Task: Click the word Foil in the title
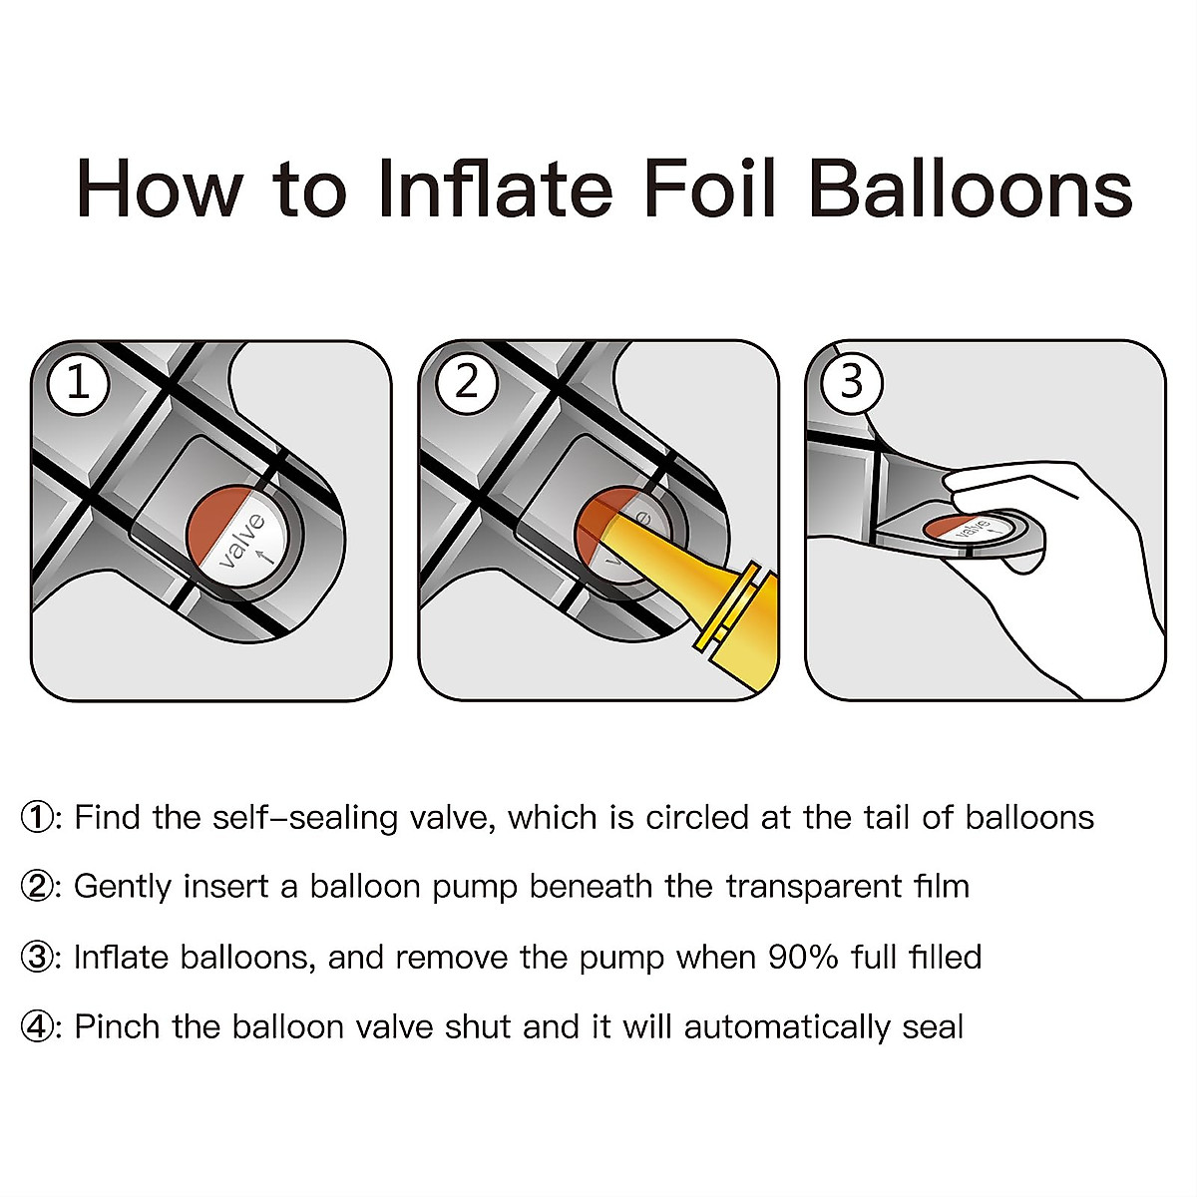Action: [x=710, y=189]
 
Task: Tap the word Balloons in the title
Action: [x=971, y=189]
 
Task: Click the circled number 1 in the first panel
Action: [x=78, y=383]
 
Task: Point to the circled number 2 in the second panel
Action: [x=467, y=383]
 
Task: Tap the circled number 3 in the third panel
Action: [x=852, y=382]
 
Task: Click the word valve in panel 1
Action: [x=242, y=542]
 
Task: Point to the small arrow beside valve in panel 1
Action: [x=267, y=557]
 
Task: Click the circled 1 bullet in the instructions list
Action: [x=36, y=818]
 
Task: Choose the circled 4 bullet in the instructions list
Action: [x=36, y=1027]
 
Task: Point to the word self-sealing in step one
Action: [x=305, y=818]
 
